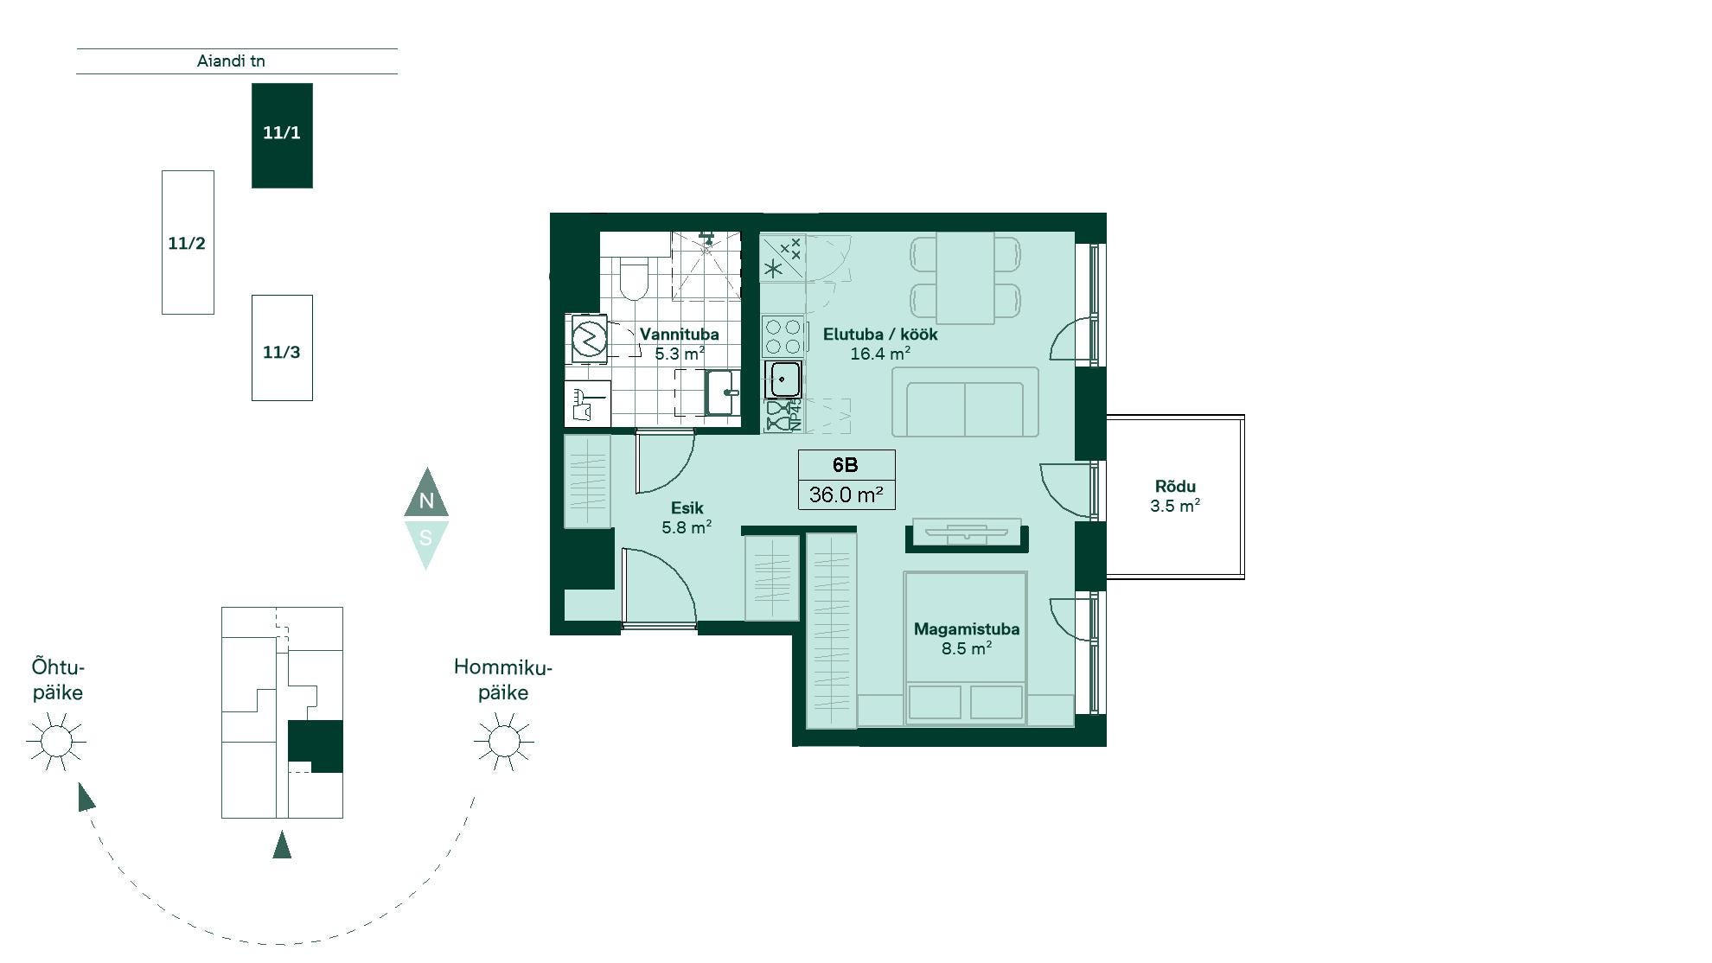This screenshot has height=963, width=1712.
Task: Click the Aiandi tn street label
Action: click(231, 61)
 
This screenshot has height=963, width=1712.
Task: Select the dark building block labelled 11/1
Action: click(282, 136)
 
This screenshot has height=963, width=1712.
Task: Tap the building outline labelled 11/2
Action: click(188, 242)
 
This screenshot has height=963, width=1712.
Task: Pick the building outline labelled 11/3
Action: click(282, 348)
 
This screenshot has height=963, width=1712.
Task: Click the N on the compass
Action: click(426, 501)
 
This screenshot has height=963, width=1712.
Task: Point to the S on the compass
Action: click(425, 538)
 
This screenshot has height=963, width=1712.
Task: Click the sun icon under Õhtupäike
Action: click(56, 742)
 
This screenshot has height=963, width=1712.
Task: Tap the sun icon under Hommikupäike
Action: click(504, 742)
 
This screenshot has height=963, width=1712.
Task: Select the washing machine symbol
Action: click(589, 338)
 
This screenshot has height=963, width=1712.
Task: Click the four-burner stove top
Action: click(783, 337)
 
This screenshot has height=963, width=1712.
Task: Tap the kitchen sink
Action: click(783, 379)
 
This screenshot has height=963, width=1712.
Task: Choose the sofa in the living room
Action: click(965, 402)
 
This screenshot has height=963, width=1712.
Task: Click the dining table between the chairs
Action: click(965, 277)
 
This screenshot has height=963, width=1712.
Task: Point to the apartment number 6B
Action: click(846, 465)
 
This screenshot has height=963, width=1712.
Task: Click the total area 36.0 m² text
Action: click(846, 494)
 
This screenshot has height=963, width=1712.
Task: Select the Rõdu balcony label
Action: click(1175, 487)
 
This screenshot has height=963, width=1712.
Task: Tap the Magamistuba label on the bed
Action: click(967, 629)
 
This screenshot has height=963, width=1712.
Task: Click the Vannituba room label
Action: click(679, 335)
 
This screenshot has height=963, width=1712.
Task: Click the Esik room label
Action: click(687, 508)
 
